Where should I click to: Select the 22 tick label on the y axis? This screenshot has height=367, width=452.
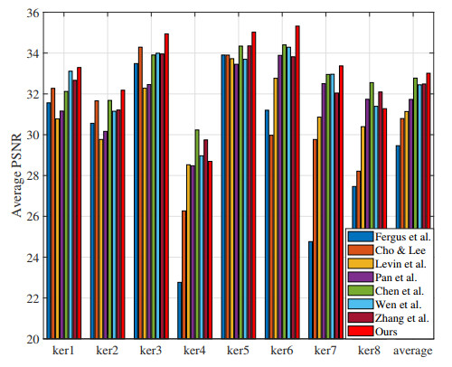(x=30, y=297)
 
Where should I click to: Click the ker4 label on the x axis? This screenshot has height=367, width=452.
(x=193, y=350)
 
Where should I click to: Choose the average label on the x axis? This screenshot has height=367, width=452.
(x=414, y=350)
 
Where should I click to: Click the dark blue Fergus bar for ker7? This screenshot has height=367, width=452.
(x=310, y=289)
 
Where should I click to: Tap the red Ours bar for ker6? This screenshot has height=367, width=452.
(x=297, y=182)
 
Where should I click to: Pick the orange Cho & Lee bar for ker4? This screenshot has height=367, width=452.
(x=184, y=275)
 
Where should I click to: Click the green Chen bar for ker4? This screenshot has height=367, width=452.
(x=197, y=234)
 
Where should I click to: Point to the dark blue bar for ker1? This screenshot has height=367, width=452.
(x=49, y=221)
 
